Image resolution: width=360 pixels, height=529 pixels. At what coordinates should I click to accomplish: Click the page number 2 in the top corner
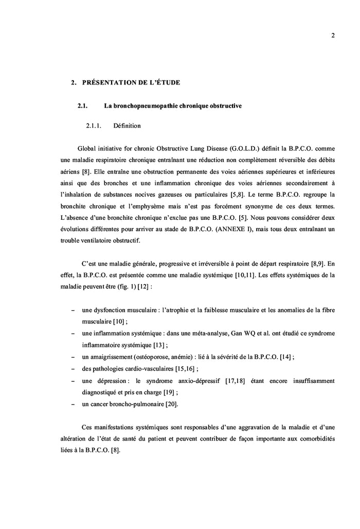[333, 36]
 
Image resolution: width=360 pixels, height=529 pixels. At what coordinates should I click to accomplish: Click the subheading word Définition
[127, 125]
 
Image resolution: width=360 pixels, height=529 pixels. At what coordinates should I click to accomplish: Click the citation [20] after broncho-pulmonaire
[172, 404]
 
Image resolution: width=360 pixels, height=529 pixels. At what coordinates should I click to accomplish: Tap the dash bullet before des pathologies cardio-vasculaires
[72, 369]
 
